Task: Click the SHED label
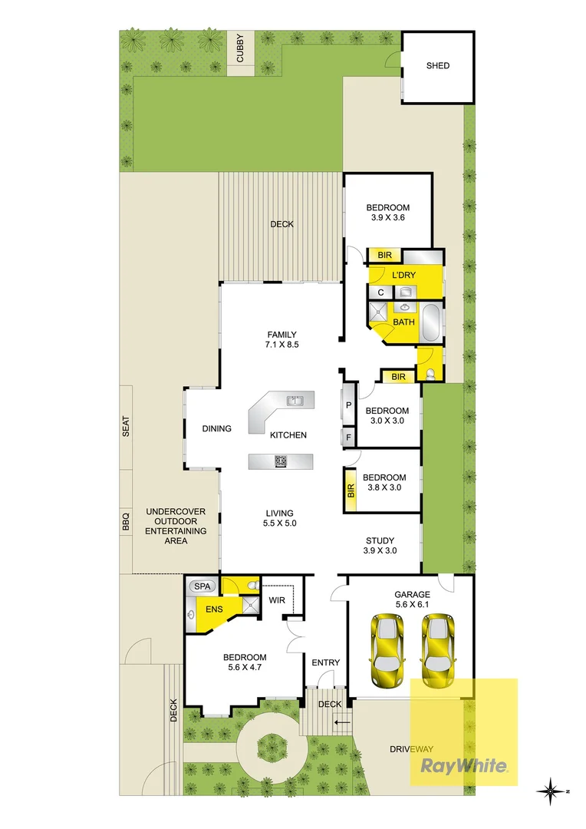(438, 66)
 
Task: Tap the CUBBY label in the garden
(240, 48)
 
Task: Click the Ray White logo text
(463, 765)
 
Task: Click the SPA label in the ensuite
(202, 586)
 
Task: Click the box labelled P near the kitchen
(348, 405)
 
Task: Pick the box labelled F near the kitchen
(348, 438)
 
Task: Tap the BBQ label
(126, 521)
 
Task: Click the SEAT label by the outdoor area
(126, 427)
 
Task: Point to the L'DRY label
(404, 275)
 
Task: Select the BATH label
(404, 322)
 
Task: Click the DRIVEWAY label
(411, 749)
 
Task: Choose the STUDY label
(380, 539)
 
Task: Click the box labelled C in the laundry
(380, 292)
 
